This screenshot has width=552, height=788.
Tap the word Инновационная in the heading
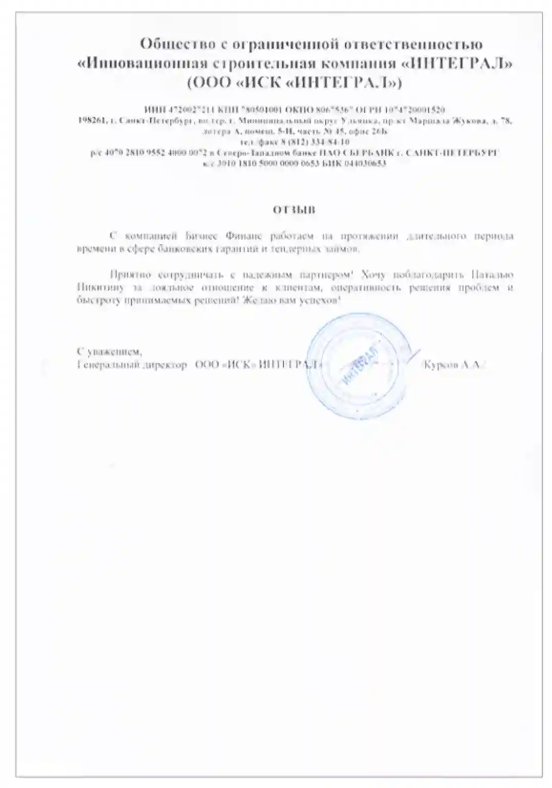[x=141, y=64]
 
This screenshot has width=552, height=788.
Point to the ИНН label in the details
[x=153, y=110]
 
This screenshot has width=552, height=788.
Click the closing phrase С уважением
[x=109, y=352]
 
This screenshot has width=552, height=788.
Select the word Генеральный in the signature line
[x=105, y=365]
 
